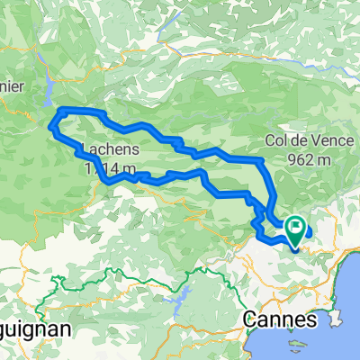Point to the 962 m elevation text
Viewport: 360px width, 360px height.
pyautogui.click(x=305, y=157)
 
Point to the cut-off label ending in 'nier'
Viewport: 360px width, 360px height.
pyautogui.click(x=13, y=88)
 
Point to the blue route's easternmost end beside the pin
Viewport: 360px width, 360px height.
pyautogui.click(x=309, y=230)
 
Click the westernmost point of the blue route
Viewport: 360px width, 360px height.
pyautogui.click(x=52, y=127)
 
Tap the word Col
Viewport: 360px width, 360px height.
pyautogui.click(x=276, y=140)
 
